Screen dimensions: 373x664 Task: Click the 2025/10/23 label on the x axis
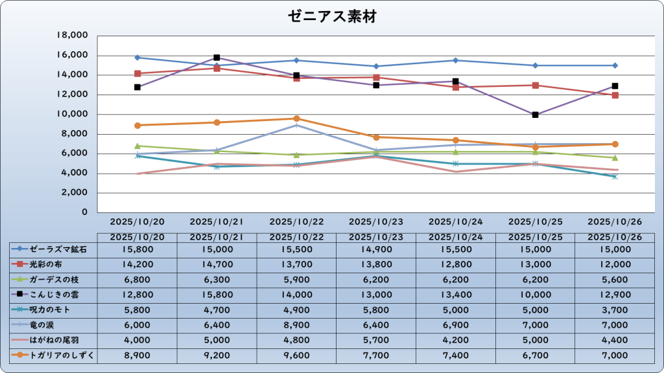coord(376,221)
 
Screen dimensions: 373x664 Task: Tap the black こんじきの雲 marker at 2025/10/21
coord(217,58)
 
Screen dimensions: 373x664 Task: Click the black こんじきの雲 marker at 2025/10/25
coord(535,115)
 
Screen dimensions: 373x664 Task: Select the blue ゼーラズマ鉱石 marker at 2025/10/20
coord(137,58)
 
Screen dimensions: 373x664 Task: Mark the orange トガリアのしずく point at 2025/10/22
coord(296,119)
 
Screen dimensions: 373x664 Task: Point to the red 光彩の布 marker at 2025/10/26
coord(615,95)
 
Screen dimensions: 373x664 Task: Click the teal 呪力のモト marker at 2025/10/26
coord(615,176)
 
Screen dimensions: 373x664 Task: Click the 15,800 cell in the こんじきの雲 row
coord(217,295)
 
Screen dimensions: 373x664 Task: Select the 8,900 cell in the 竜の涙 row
coord(296,324)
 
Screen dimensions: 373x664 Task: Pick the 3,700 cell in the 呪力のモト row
coord(615,310)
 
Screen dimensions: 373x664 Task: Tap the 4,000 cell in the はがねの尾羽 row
coord(137,340)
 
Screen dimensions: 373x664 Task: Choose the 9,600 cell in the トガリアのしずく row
coord(296,355)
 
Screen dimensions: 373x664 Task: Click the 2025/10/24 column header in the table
coord(456,237)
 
